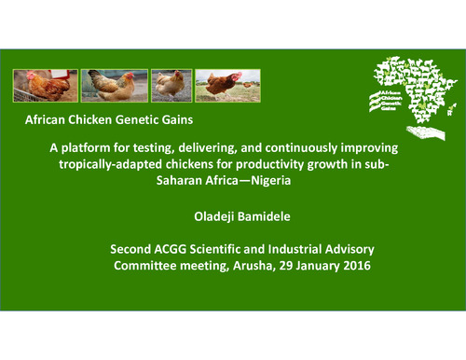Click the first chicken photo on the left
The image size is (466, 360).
pyautogui.click(x=44, y=85)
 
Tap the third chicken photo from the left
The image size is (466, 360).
pyautogui.click(x=171, y=85)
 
